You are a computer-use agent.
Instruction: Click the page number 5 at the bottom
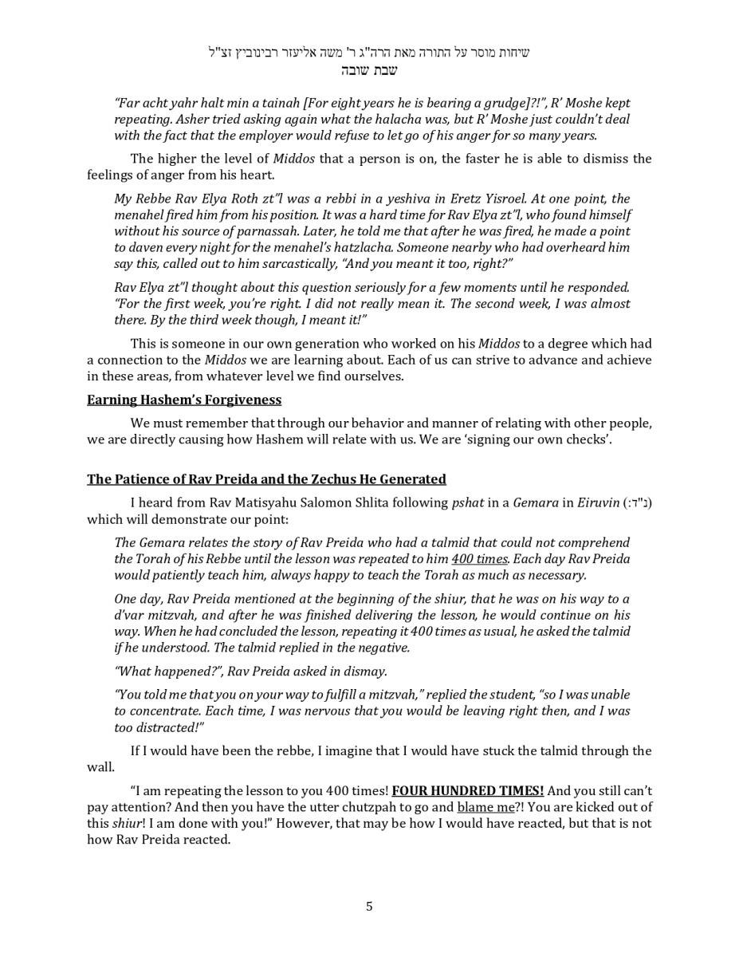point(369,906)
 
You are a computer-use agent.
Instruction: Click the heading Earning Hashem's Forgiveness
point(184,400)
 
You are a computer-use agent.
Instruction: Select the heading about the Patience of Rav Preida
point(266,479)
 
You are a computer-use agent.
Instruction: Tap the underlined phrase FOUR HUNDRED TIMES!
point(468,791)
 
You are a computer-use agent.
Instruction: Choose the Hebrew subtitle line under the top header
point(369,70)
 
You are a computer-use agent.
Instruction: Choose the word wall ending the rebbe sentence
point(100,767)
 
